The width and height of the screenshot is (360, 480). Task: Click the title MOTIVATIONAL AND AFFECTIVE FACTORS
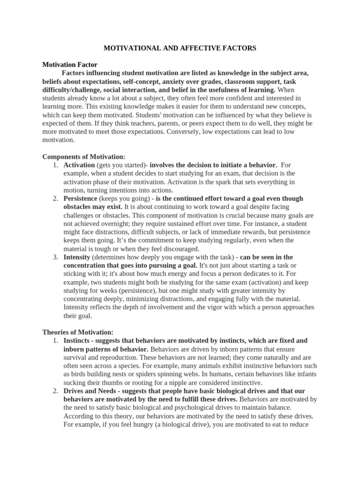pos(180,48)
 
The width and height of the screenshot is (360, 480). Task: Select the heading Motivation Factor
pos(70,64)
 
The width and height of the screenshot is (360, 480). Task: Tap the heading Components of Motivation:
pos(84,157)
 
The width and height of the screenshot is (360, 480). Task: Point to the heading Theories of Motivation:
pos(78,332)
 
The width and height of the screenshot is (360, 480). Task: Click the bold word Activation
pos(79,165)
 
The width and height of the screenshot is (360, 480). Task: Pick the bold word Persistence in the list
pos(80,199)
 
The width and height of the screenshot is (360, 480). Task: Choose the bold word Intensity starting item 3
pos(77,257)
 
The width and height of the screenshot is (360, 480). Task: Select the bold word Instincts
pos(77,340)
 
